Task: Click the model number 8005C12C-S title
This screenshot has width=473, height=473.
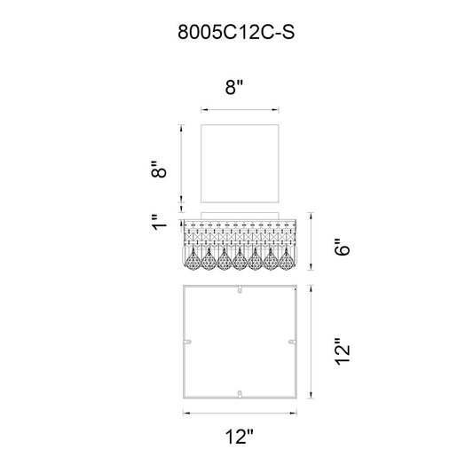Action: pyautogui.click(x=236, y=32)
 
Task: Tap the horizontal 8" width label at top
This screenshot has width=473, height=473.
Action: pyautogui.click(x=234, y=88)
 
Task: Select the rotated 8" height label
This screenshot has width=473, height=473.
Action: pyautogui.click(x=159, y=169)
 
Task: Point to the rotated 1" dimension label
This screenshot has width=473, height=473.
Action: pyautogui.click(x=159, y=223)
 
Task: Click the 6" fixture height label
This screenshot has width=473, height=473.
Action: pyautogui.click(x=343, y=247)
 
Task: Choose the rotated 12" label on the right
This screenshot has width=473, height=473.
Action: pyautogui.click(x=343, y=351)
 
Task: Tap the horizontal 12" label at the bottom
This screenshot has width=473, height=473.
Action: pyautogui.click(x=240, y=437)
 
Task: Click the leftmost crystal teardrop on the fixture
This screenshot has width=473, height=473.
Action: pyautogui.click(x=193, y=260)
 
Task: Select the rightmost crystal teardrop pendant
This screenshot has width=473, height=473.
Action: pyautogui.click(x=287, y=260)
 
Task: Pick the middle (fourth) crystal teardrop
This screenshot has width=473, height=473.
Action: pyautogui.click(x=240, y=260)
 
